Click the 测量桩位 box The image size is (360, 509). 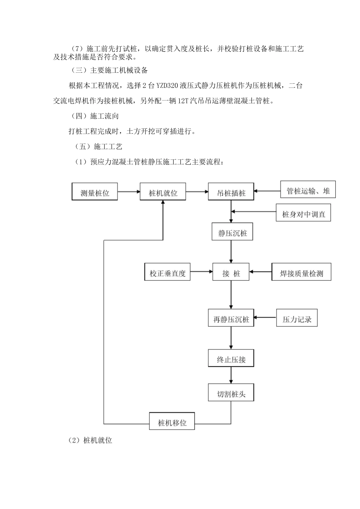95,192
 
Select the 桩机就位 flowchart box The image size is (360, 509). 163,192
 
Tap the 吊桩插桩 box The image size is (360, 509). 231,192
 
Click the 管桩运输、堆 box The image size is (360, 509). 308,190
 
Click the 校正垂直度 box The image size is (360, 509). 167,273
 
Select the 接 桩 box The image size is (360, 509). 231,273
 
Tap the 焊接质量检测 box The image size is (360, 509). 301,273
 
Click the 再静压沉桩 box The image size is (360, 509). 231,319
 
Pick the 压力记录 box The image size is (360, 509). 297,319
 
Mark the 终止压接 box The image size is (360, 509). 231,359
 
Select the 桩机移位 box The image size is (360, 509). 172,422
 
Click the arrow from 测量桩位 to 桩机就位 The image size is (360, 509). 129,192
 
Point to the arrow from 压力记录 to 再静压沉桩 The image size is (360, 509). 265,317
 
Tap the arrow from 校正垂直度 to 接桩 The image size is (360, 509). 201,271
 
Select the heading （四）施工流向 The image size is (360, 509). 95,116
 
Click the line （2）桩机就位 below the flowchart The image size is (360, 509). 90,440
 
